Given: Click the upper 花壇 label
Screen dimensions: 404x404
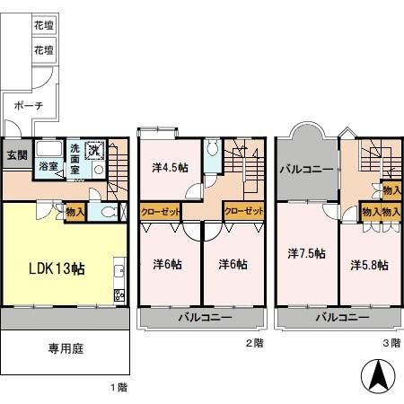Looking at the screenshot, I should pyautogui.click(x=42, y=26).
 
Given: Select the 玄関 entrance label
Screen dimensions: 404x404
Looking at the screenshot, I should pyautogui.click(x=17, y=155).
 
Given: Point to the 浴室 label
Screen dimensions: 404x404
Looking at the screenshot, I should pyautogui.click(x=48, y=166).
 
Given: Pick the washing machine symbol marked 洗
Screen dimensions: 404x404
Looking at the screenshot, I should pyautogui.click(x=95, y=149).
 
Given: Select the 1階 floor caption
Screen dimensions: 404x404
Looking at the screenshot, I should pyautogui.click(x=119, y=387).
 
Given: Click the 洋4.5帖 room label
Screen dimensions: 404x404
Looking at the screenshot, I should pyautogui.click(x=169, y=167).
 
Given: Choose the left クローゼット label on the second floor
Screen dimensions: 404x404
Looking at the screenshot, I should pyautogui.click(x=161, y=211).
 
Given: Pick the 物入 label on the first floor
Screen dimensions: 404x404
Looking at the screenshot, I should pyautogui.click(x=76, y=212).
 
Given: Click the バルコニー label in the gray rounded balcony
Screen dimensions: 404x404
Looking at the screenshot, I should pyautogui.click(x=306, y=169).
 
